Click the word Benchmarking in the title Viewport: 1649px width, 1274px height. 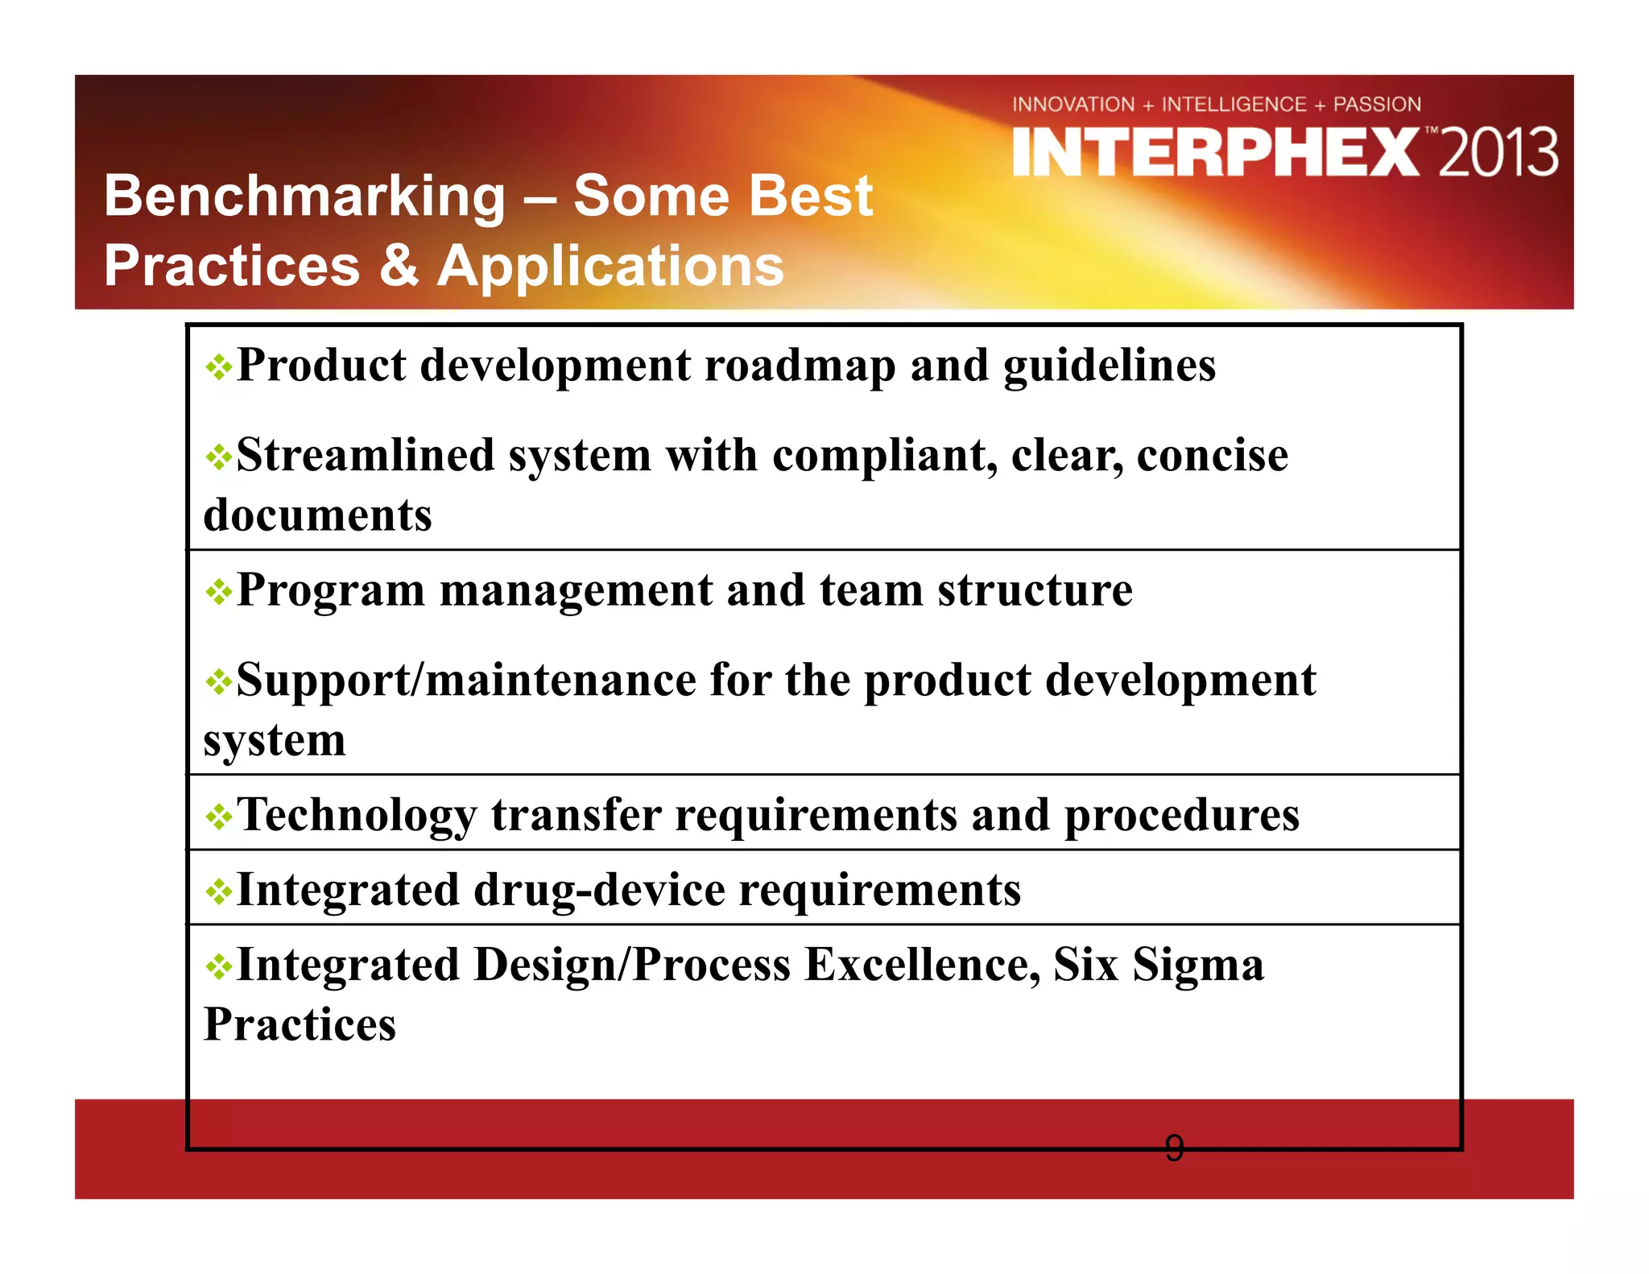pyautogui.click(x=304, y=197)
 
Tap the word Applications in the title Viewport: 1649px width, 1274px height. pyautogui.click(x=610, y=267)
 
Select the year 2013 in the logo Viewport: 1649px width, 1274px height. pyautogui.click(x=1498, y=153)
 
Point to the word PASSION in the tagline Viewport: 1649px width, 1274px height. pyautogui.click(x=1377, y=105)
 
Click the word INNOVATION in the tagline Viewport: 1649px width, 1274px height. pyautogui.click(x=1073, y=105)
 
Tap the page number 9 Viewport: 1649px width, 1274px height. pyautogui.click(x=1174, y=1148)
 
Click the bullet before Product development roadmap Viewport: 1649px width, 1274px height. pyautogui.click(x=218, y=369)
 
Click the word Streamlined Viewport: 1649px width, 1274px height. pyautogui.click(x=364, y=455)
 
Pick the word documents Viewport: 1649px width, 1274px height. pyautogui.click(x=317, y=515)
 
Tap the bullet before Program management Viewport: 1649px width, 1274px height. pyautogui.click(x=218, y=594)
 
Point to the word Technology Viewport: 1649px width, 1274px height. pyautogui.click(x=356, y=815)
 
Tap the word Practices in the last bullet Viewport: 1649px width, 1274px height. pyautogui.click(x=300, y=1024)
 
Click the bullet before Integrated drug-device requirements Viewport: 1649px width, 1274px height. pyautogui.click(x=218, y=892)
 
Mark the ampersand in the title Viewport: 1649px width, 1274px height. pyautogui.click(x=399, y=267)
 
